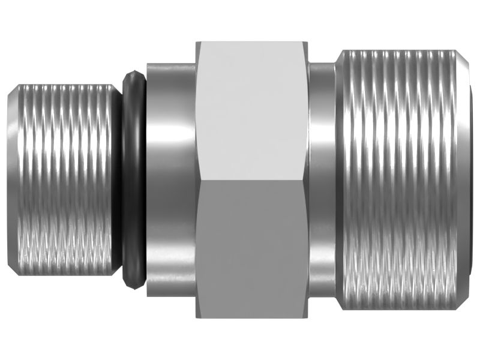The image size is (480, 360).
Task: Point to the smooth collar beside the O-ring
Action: coord(171,180)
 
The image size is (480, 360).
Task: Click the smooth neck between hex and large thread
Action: coord(322,180)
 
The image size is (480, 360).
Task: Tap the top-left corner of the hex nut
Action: coord(197,43)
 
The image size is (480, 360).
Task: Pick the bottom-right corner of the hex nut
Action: coord(308,317)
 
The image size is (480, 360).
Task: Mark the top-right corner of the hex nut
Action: coord(308,43)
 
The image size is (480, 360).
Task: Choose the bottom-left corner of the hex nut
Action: coord(197,317)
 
